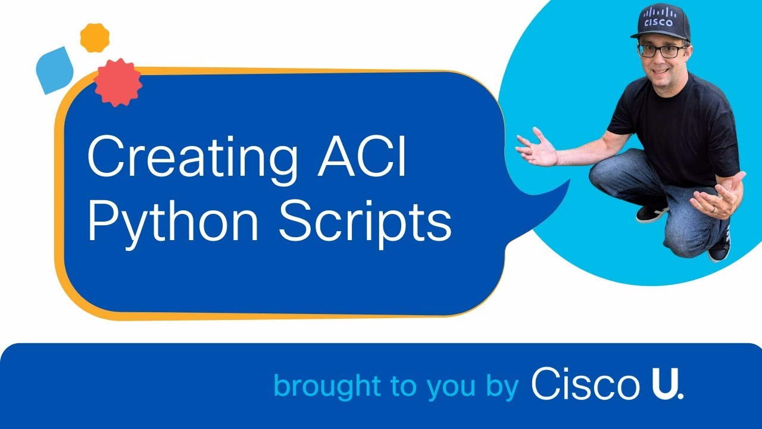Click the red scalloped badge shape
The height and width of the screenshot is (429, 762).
click(118, 82)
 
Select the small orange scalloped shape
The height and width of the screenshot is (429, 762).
click(95, 38)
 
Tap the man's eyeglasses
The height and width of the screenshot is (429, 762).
click(662, 51)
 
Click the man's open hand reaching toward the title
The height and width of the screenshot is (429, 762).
click(536, 147)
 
